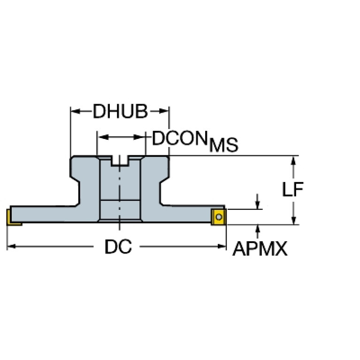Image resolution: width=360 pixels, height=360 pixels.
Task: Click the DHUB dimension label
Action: [x=120, y=111]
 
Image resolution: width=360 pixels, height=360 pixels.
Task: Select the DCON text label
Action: [x=180, y=138]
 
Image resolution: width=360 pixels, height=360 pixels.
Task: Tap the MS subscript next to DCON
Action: [x=224, y=145]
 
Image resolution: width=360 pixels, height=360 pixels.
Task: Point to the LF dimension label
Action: [x=293, y=190]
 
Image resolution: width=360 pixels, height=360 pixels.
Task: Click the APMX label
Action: [x=260, y=249]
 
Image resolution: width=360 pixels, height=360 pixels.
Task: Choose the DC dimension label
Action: [x=118, y=246]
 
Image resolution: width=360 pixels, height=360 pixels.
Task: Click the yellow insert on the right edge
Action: [x=219, y=217]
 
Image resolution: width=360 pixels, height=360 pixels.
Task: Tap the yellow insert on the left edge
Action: [x=13, y=217]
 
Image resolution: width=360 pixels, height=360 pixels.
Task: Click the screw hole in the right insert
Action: [x=219, y=217]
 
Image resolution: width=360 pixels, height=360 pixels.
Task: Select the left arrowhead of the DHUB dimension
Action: [x=76, y=111]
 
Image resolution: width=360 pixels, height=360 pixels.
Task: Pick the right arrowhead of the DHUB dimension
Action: [x=164, y=111]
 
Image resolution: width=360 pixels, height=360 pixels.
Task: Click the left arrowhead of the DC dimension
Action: [x=11, y=246]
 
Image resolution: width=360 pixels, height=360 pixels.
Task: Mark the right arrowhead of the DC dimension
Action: [x=222, y=246]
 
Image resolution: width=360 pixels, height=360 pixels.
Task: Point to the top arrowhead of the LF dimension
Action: [x=293, y=161]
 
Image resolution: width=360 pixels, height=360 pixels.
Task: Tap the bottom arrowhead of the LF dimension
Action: [x=293, y=220]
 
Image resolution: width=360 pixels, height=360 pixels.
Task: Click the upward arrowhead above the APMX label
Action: [x=258, y=230]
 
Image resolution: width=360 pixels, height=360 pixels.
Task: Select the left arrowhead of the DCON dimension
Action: [x=104, y=137]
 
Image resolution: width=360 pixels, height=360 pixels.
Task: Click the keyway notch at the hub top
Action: [x=120, y=161]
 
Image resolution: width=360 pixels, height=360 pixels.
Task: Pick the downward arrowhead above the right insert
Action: [x=257, y=205]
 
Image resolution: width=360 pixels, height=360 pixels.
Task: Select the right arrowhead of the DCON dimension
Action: [x=138, y=137]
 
